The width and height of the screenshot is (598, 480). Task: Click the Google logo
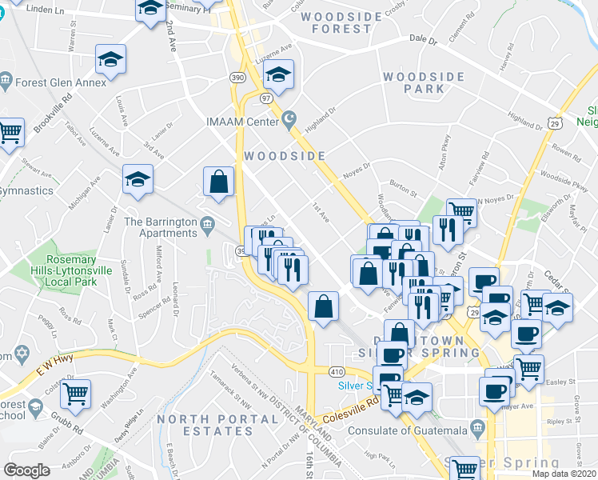click(x=27, y=470)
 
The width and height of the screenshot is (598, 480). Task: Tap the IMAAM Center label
click(x=242, y=121)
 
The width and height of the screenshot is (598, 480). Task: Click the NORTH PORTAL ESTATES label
click(x=207, y=425)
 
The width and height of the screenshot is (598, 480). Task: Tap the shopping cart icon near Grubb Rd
click(x=76, y=392)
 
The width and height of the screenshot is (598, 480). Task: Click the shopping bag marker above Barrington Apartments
click(x=218, y=182)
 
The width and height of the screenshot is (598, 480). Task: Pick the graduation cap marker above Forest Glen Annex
click(x=111, y=58)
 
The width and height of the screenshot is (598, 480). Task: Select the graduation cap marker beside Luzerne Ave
click(x=278, y=74)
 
